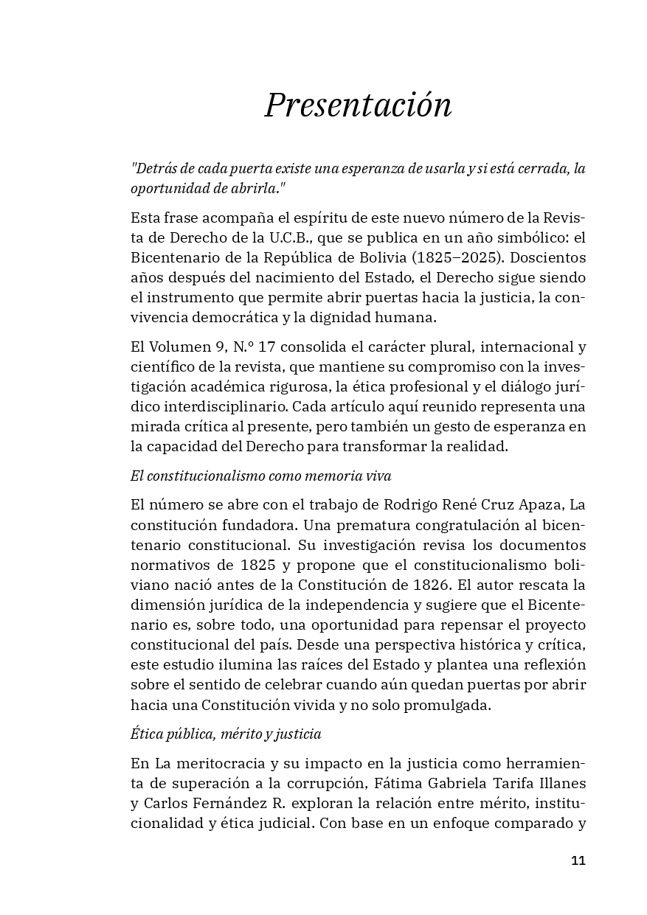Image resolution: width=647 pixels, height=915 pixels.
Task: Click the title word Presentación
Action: (x=358, y=105)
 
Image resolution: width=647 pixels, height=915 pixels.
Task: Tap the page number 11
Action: (x=578, y=860)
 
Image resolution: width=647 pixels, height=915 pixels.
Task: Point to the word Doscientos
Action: (x=543, y=259)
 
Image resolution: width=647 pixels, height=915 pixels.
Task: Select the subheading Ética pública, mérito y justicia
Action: (x=226, y=734)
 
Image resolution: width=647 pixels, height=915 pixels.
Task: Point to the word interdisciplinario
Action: (x=219, y=406)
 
